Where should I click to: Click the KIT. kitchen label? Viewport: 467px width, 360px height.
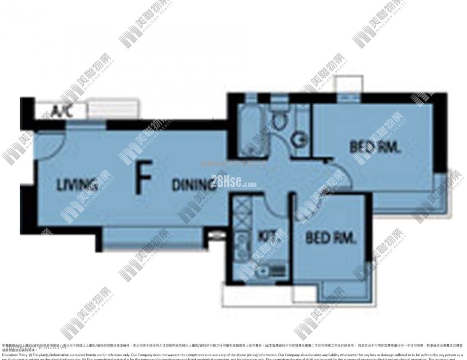coord(269,236)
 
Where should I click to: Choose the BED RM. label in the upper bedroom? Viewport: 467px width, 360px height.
coord(375,148)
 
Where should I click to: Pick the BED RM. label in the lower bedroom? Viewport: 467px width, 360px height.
coord(331,237)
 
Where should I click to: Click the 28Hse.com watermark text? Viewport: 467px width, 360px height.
coord(234,181)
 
